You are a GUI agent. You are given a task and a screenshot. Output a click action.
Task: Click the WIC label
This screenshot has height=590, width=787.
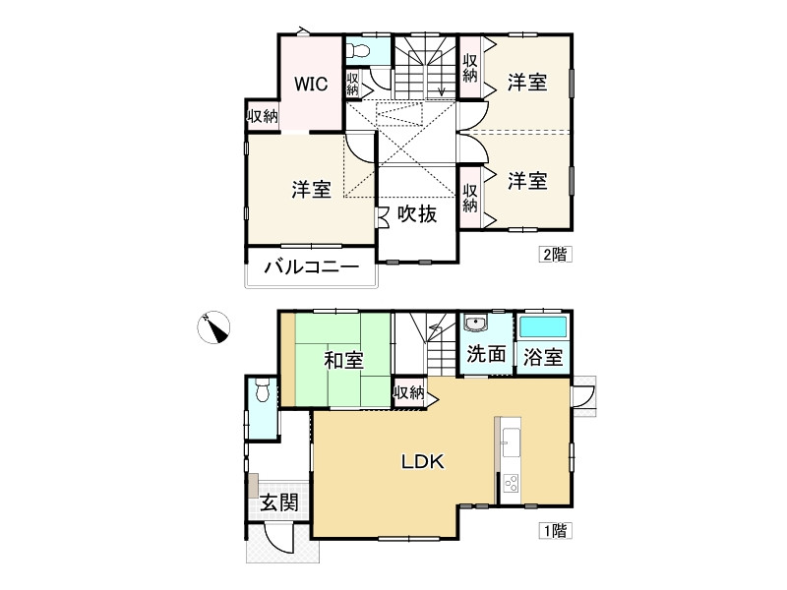[x=311, y=83]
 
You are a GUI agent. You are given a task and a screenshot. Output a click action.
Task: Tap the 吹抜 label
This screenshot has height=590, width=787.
[x=417, y=213]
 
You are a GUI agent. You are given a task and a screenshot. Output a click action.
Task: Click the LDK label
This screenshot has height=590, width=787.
[x=423, y=460]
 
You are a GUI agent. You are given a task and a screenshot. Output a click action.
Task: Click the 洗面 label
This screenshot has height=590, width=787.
[x=486, y=354]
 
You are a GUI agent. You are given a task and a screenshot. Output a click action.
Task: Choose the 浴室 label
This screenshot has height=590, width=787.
[x=543, y=356]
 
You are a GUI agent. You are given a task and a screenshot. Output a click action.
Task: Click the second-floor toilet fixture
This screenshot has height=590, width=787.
[x=358, y=50]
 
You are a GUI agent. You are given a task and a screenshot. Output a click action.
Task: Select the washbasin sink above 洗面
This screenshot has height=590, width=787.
[x=475, y=324]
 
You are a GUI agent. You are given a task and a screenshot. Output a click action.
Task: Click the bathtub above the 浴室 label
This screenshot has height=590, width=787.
[x=543, y=326]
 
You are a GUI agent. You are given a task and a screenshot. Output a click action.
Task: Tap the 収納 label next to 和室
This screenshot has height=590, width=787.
[x=408, y=393]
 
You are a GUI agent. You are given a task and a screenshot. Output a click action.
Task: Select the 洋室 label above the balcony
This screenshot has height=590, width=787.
[x=311, y=190]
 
